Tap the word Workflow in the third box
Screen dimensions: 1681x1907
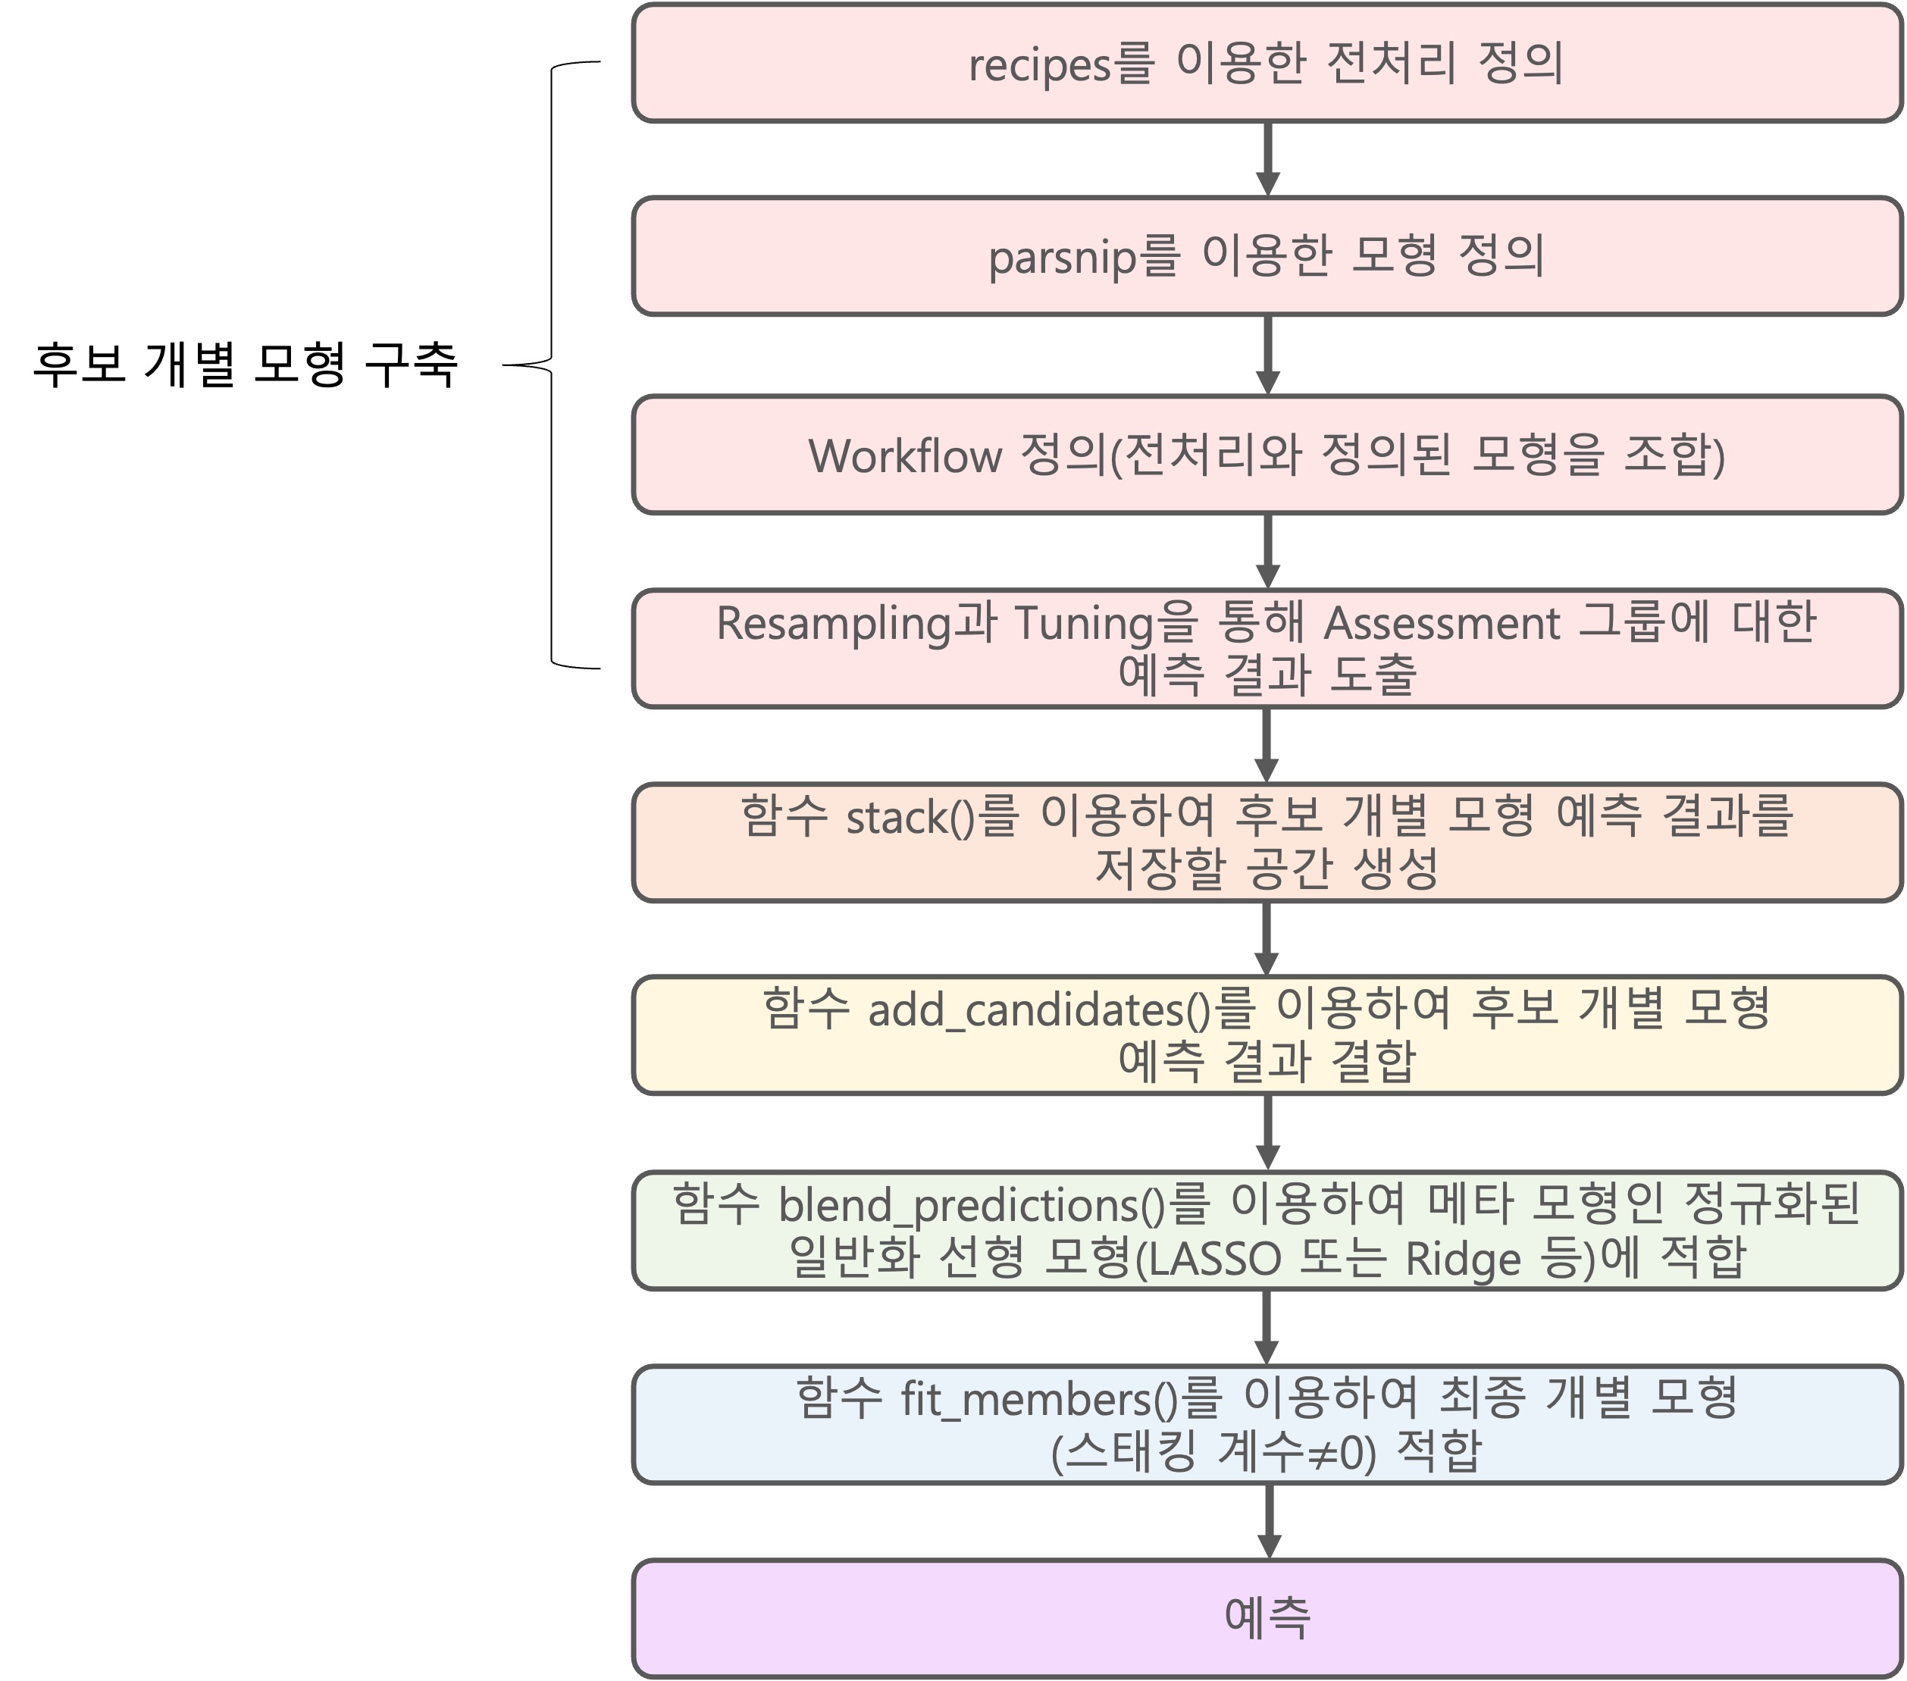pyautogui.click(x=904, y=456)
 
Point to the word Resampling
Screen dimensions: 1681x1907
pyautogui.click(x=833, y=623)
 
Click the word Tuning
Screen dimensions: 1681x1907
pyautogui.click(x=1082, y=623)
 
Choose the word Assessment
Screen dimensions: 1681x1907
pyautogui.click(x=1442, y=623)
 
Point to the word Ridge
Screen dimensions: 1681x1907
pyautogui.click(x=1463, y=1258)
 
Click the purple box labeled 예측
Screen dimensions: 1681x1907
pyautogui.click(x=1267, y=1617)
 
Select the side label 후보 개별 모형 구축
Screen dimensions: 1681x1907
pyautogui.click(x=246, y=364)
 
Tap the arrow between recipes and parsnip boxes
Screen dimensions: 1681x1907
pyautogui.click(x=1267, y=158)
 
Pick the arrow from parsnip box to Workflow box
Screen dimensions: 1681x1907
pyautogui.click(x=1267, y=355)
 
